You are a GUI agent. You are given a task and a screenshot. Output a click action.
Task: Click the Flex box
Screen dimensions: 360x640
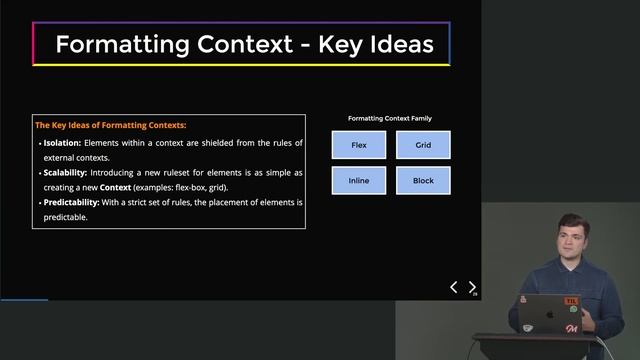point(359,145)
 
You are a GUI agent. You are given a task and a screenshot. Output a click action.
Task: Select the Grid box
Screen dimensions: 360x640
point(423,145)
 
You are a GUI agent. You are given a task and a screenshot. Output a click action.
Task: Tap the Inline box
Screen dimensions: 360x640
point(359,181)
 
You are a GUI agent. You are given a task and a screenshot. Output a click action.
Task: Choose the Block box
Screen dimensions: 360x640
point(423,181)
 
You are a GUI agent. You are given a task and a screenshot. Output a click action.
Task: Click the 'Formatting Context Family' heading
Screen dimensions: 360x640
point(390,119)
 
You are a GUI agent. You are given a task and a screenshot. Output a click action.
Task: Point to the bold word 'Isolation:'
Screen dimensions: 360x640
point(62,143)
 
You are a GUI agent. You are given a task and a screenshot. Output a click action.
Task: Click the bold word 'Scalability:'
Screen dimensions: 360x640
point(67,173)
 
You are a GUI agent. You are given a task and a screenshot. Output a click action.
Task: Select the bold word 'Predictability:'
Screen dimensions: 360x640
point(72,203)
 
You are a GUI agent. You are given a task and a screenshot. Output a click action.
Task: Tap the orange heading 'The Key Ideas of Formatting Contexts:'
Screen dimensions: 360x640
point(111,126)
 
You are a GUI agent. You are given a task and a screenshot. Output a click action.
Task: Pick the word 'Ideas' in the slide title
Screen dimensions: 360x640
point(397,45)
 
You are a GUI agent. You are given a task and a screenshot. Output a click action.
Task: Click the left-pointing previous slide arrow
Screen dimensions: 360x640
point(453,288)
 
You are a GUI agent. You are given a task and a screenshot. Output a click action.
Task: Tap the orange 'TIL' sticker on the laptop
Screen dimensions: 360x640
point(571,301)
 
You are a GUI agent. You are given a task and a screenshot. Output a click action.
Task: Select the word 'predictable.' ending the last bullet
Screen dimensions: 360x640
point(66,218)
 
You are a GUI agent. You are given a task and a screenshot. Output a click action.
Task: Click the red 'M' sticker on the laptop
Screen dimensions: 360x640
point(571,327)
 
